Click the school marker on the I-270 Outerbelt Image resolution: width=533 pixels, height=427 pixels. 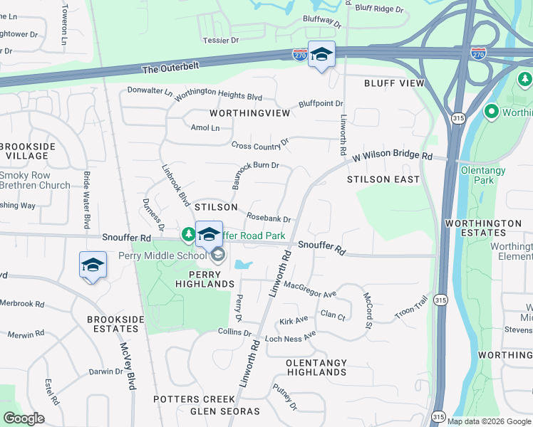[x=321, y=56]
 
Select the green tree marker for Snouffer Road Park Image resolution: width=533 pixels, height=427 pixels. [x=188, y=234]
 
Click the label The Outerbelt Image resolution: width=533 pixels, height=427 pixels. [x=170, y=69]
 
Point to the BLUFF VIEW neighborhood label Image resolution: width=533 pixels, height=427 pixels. [x=394, y=83]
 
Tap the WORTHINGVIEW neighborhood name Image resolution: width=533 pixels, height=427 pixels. [x=250, y=113]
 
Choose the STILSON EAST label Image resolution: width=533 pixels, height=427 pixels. [x=383, y=179]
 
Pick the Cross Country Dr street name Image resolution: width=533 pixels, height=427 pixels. [x=260, y=144]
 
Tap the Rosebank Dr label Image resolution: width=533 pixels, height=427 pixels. [x=269, y=218]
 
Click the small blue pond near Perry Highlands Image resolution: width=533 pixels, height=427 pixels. [x=242, y=265]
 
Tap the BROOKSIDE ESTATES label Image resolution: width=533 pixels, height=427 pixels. [x=113, y=324]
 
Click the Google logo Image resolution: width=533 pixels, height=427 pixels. [x=24, y=418]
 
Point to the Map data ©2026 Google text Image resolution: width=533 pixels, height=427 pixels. [x=488, y=421]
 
